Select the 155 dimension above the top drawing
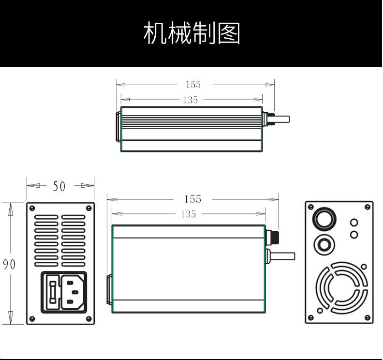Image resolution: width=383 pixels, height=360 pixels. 193,85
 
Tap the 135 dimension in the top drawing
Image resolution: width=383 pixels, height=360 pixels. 191,100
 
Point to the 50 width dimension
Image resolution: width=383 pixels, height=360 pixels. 59,186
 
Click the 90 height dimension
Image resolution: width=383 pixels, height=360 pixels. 9,265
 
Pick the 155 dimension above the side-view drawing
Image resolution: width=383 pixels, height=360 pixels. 192,199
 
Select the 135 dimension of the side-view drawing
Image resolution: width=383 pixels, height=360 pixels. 188,214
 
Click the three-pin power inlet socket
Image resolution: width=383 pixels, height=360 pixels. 72,291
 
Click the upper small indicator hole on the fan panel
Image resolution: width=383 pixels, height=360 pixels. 354,223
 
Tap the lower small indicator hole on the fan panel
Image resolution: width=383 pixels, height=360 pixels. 354,235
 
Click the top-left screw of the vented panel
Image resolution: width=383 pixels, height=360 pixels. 32,208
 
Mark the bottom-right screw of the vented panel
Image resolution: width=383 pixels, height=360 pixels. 88,319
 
